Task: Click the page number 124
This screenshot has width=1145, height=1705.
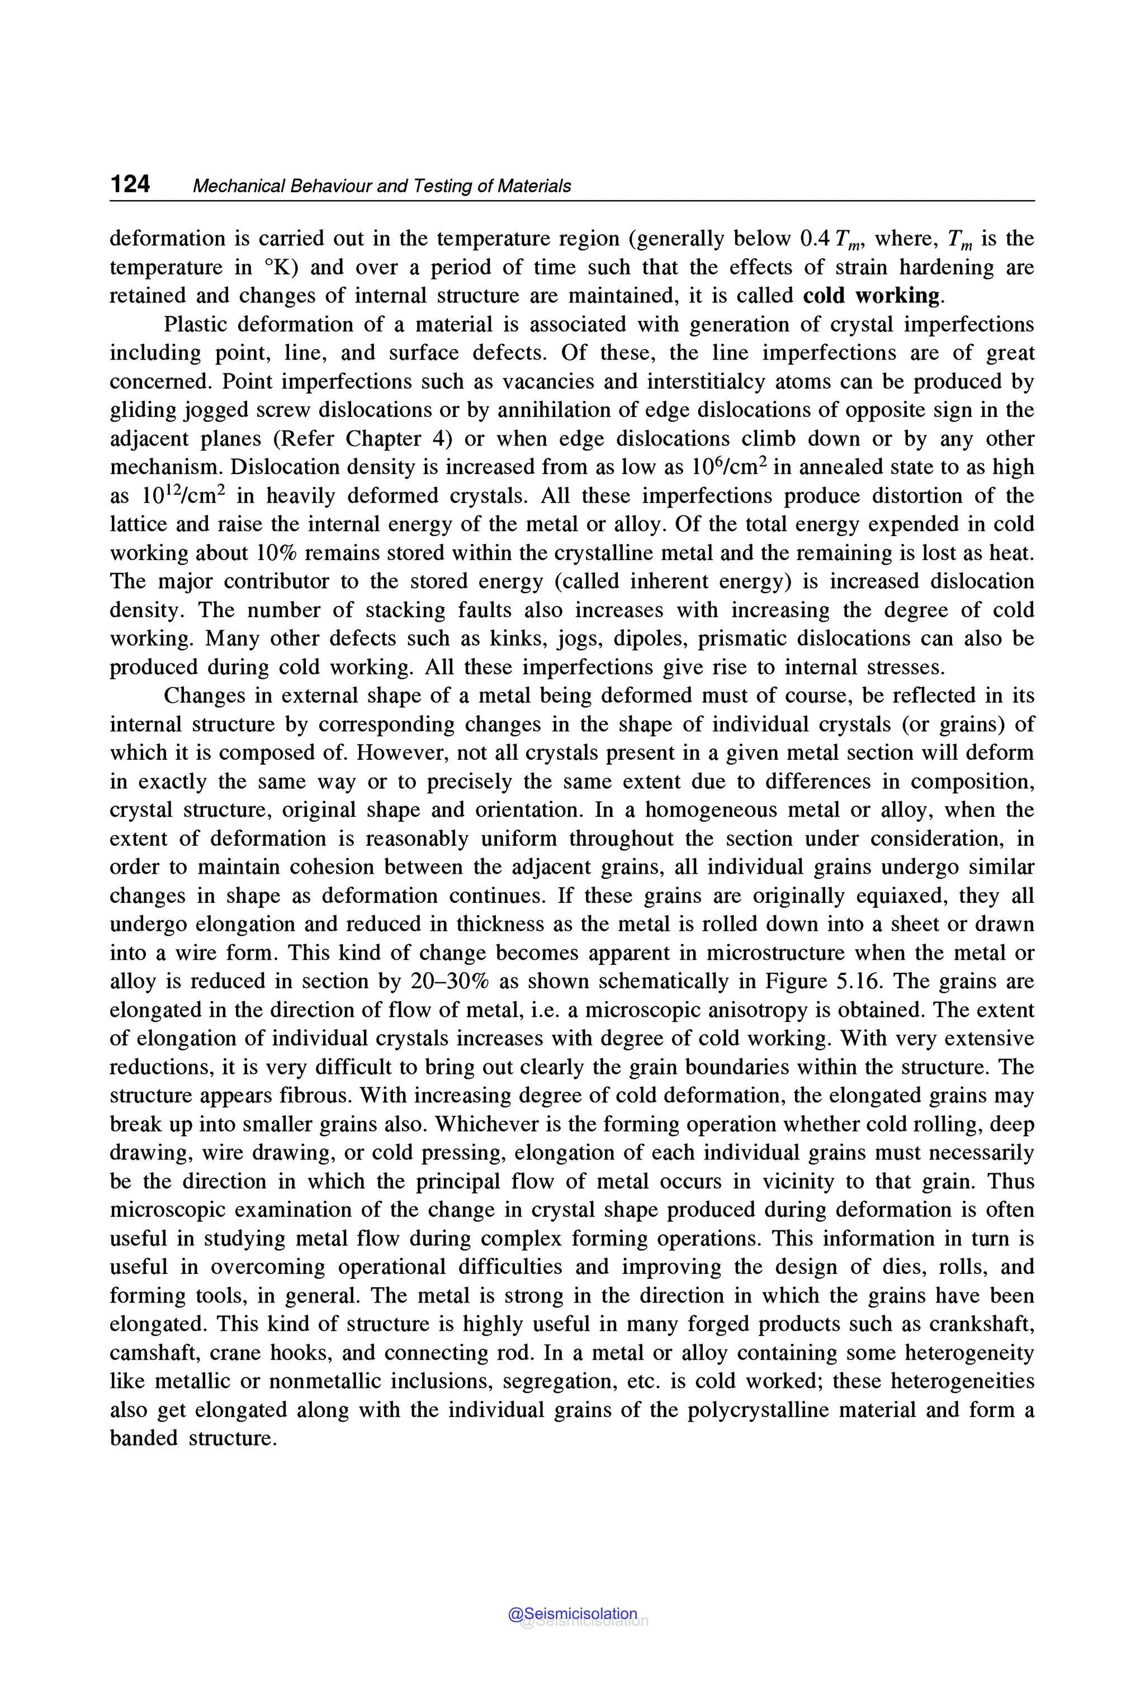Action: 130,184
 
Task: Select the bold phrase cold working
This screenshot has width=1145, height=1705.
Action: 870,296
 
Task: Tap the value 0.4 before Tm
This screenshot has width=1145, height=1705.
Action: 816,239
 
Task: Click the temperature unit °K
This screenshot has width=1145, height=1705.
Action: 281,267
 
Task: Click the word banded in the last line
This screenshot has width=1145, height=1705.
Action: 144,1438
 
